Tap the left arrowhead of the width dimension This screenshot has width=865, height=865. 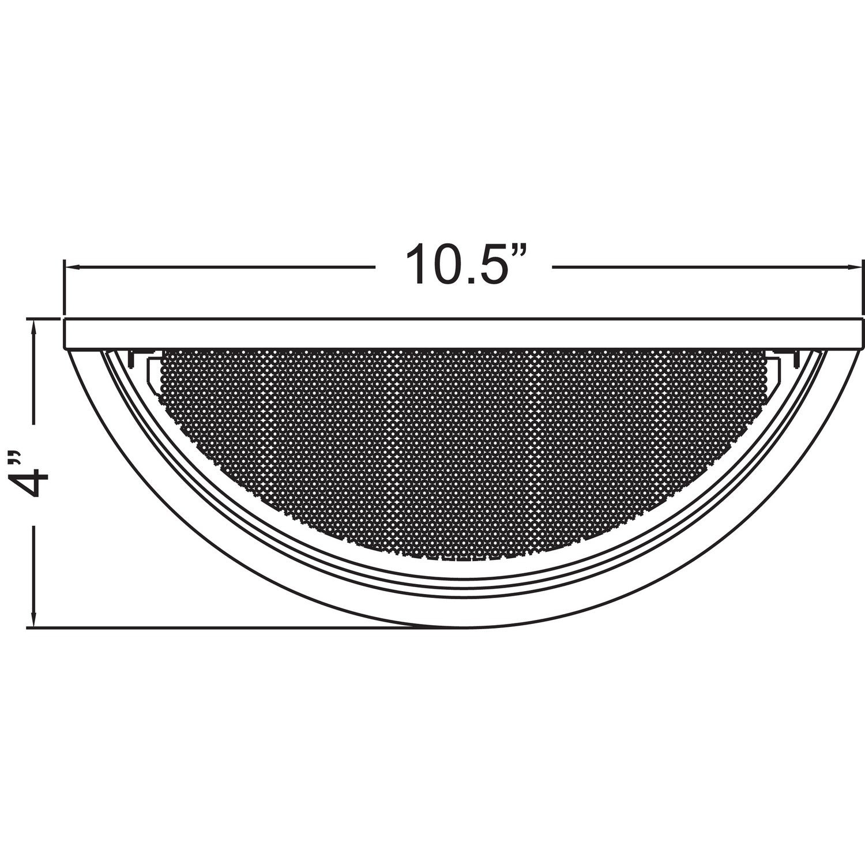click(72, 267)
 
